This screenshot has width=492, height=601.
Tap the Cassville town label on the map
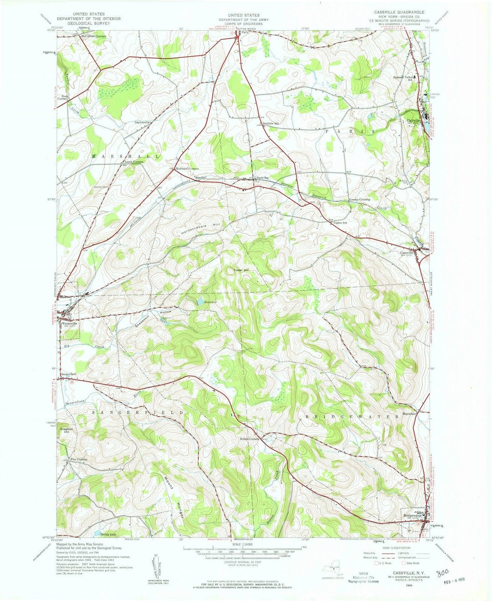coord(408,253)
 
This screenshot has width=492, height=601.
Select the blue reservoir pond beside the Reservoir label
coord(199,301)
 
